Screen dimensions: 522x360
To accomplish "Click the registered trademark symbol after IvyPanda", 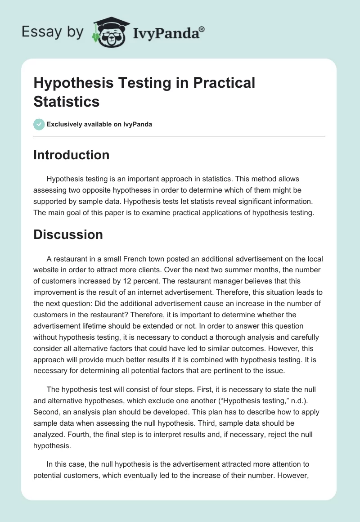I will point(202,29).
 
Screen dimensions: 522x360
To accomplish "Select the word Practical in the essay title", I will point(223,83).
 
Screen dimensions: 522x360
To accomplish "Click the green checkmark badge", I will point(39,124).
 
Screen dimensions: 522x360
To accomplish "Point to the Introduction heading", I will point(72,155).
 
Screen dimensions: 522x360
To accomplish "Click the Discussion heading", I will point(68,234).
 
